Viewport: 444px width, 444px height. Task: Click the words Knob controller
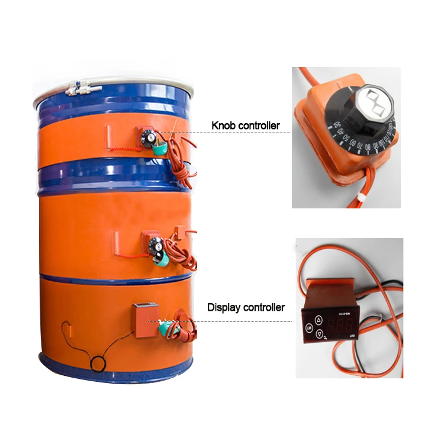tap(245, 126)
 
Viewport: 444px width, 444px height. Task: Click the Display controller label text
tap(246, 307)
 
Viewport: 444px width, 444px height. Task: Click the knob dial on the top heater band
tap(150, 136)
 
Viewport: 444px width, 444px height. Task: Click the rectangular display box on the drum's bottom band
tap(145, 320)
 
